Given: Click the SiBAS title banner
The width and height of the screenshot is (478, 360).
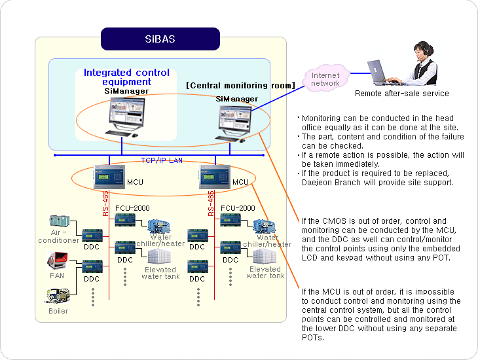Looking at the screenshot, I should click(160, 39).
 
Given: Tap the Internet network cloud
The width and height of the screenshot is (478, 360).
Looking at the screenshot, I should click(325, 79).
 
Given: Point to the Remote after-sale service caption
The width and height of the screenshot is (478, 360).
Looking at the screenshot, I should click(401, 94).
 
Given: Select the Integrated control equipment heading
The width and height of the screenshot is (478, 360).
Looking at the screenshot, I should click(126, 77).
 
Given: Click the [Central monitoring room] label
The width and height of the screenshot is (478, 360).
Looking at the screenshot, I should click(240, 86).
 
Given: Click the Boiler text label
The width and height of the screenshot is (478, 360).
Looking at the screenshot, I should click(58, 311).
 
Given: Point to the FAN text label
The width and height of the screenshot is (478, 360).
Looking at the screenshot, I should click(58, 276).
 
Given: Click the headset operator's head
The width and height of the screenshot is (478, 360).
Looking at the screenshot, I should click(421, 52).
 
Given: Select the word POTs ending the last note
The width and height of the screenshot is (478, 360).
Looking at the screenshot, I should click(312, 338).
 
